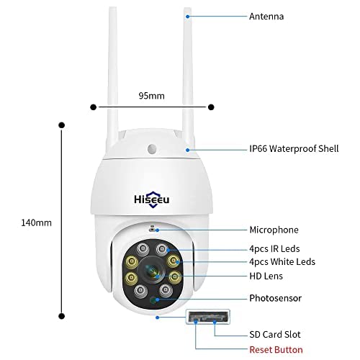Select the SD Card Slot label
[274, 335]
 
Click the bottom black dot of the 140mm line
[63, 315]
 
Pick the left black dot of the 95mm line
[93, 107]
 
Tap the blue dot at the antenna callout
[188, 15]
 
